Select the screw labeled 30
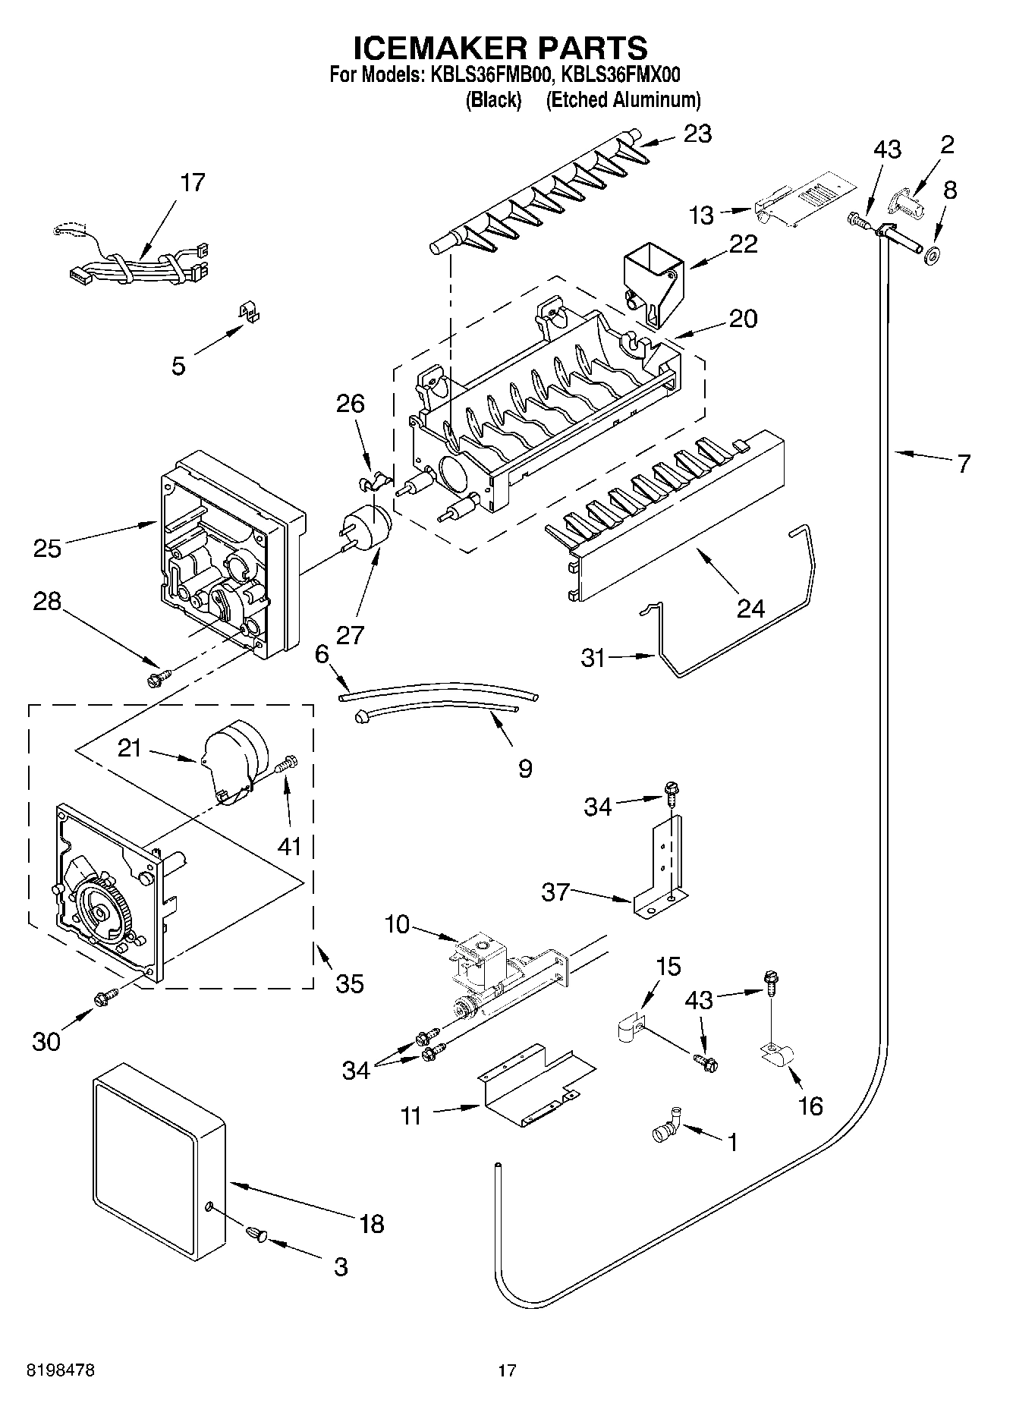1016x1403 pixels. coord(105,998)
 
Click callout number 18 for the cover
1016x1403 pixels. coord(372,1223)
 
